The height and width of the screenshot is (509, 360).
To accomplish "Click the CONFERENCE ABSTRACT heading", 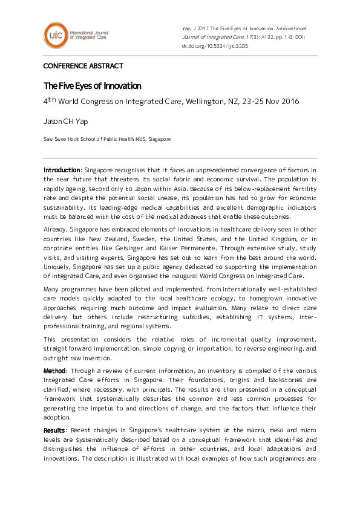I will point(83,66).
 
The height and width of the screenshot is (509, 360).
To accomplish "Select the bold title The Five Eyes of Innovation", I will point(92,86).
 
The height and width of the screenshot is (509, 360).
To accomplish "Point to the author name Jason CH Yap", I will point(66,121).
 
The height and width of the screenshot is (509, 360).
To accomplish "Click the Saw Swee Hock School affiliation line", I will point(107,138).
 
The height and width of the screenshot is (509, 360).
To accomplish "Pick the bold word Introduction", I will point(62,170).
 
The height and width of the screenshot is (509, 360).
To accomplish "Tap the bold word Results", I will point(54,429).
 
